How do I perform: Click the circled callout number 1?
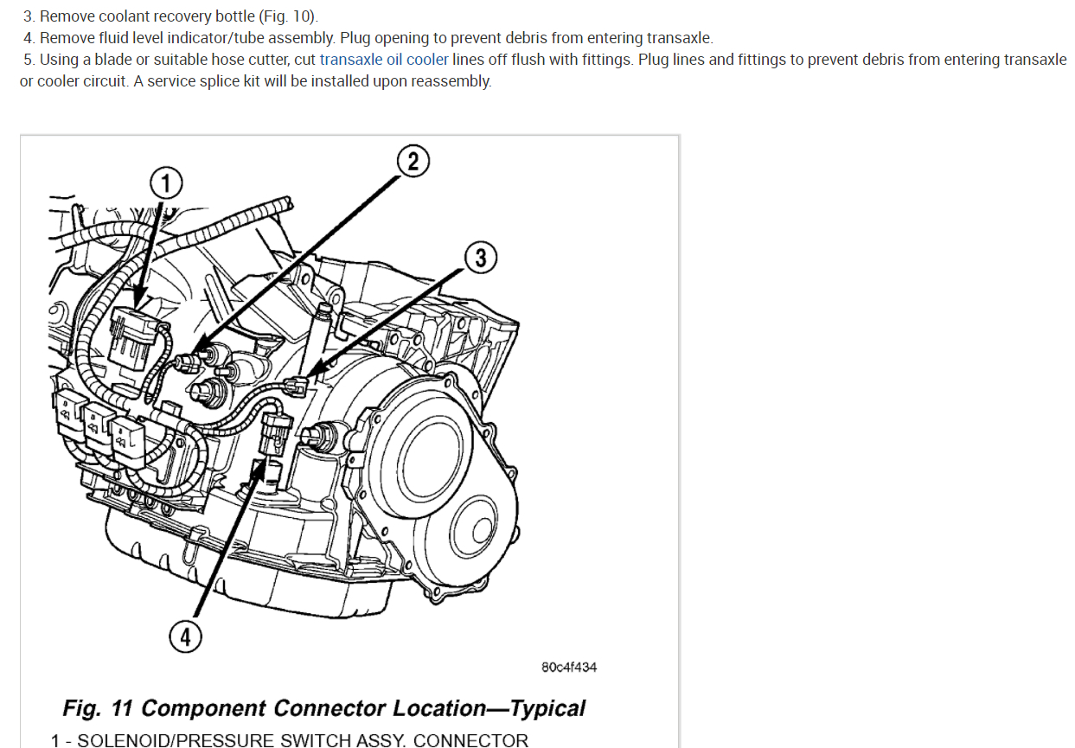point(167,183)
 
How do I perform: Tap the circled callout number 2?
point(413,162)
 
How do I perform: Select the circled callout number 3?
point(482,257)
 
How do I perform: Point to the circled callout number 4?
point(185,637)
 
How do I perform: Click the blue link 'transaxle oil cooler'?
point(384,61)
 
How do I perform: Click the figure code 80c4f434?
point(569,668)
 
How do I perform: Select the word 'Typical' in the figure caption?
point(547,708)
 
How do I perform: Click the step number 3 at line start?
point(29,16)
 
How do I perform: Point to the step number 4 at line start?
point(29,38)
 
